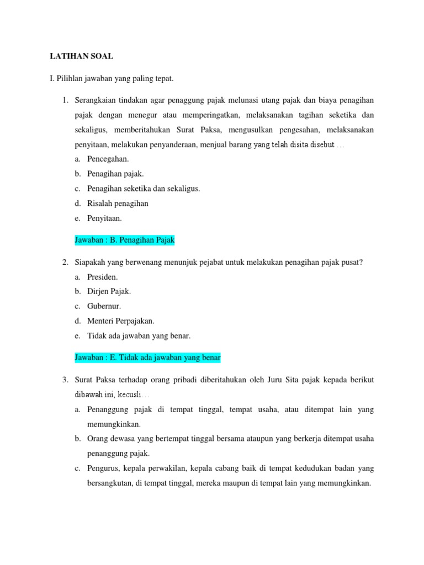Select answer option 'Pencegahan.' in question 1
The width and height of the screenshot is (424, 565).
point(108,159)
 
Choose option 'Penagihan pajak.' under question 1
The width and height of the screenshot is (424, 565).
point(115,174)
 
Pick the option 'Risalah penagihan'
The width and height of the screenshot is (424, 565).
point(118,203)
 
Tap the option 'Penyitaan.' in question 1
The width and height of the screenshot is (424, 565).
point(104,218)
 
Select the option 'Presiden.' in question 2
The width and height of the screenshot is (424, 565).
point(103,277)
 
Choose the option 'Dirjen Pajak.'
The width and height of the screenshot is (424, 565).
point(109,291)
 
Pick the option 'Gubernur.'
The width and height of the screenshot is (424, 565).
point(104,306)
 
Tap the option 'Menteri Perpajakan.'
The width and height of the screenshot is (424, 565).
point(120,321)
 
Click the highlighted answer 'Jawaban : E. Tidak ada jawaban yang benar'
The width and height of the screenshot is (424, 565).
point(147,358)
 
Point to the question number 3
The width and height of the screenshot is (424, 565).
point(65,380)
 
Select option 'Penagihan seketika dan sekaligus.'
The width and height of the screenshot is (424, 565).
point(144,189)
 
